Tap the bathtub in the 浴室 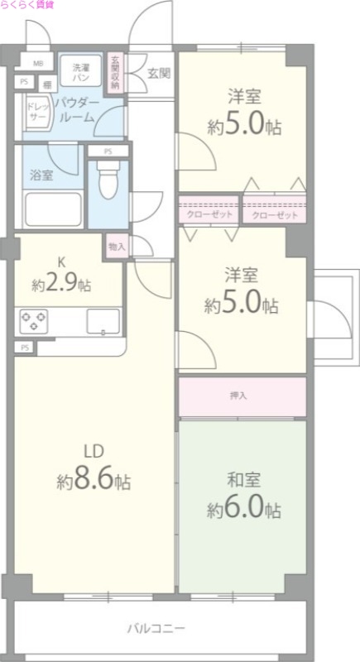tap(53, 209)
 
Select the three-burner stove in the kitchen tap(34, 321)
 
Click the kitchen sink tap(103, 321)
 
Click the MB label tap(38, 65)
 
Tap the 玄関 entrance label tap(159, 74)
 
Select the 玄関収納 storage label tap(115, 73)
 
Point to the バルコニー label tap(156, 629)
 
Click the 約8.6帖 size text tap(94, 479)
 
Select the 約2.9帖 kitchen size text tap(61, 285)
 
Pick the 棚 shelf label tap(48, 84)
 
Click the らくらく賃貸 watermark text tap(27, 5)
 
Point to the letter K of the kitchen tap(61, 262)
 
